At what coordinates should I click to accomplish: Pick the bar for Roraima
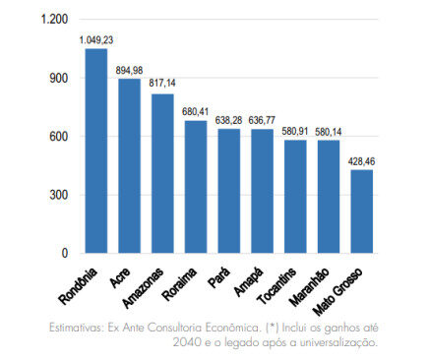[196, 186]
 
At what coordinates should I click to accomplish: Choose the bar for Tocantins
[294, 196]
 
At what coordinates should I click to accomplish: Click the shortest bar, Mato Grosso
[360, 210]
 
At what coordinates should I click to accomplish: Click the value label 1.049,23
[96, 39]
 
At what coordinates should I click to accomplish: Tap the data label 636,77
[262, 119]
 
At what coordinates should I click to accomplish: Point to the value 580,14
[328, 130]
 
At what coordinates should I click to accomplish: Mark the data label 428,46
[362, 159]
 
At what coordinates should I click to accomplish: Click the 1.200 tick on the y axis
[55, 20]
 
